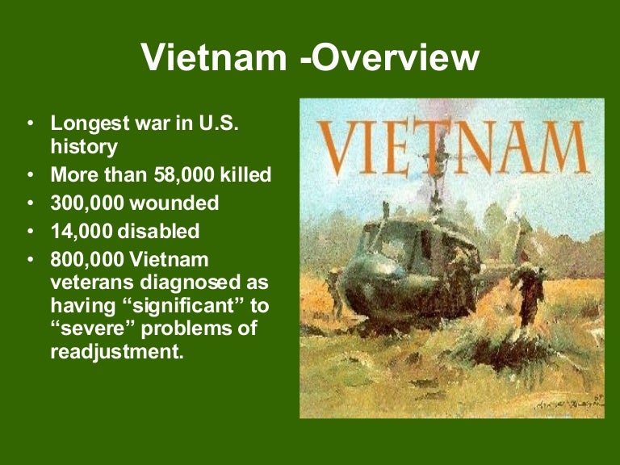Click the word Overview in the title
tap(396, 58)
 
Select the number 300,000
tap(89, 203)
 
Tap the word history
tap(84, 146)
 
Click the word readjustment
tap(111, 351)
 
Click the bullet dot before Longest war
tap(30, 124)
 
